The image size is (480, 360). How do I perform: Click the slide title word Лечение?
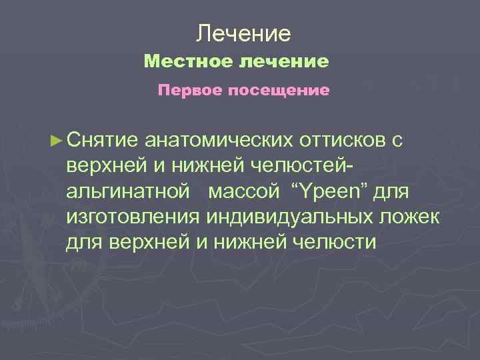tap(245, 33)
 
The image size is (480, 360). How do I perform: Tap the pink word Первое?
tap(187, 90)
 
